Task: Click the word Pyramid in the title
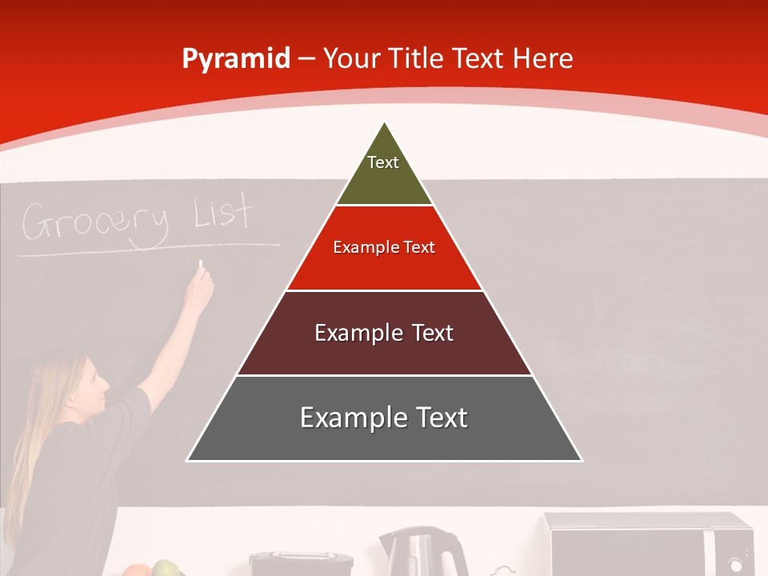click(x=235, y=59)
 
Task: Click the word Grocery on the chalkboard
click(x=96, y=222)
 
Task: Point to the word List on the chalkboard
click(x=223, y=214)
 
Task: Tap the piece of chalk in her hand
click(x=201, y=264)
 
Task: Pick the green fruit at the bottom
click(x=166, y=569)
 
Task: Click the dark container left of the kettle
click(x=301, y=563)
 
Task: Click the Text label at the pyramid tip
click(x=383, y=162)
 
